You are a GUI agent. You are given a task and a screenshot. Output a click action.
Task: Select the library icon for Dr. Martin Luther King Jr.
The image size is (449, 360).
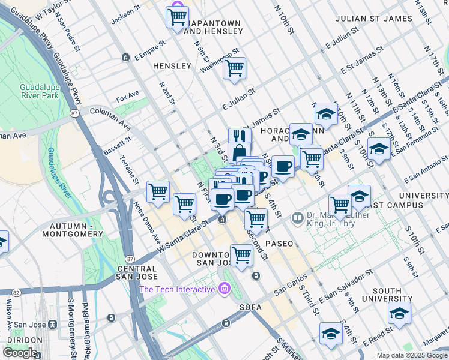click(x=297, y=218)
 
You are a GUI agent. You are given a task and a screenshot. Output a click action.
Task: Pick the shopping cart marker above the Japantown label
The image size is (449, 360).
click(x=177, y=17)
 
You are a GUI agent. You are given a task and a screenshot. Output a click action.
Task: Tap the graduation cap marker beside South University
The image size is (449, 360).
click(x=399, y=313)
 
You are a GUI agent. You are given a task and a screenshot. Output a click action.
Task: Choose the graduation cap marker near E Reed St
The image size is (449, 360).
click(x=331, y=334)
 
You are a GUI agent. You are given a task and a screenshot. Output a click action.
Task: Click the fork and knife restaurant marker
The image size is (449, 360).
click(x=240, y=136)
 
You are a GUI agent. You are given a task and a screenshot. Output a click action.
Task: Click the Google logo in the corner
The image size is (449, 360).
click(x=20, y=353)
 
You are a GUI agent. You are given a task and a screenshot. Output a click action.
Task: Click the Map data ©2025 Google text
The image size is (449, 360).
click(x=412, y=355)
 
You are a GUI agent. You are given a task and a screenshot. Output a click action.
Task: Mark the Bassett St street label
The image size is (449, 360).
click(x=118, y=143)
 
